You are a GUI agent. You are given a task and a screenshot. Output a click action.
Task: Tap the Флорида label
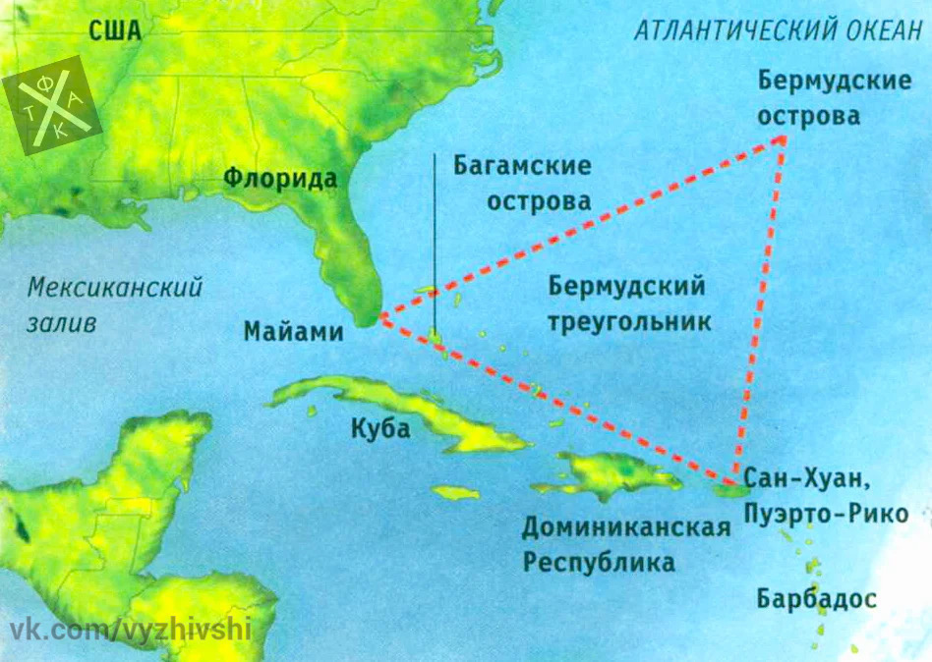279,179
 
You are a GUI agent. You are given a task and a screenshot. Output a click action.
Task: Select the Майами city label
294,332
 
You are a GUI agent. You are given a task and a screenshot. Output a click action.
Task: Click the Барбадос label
816,598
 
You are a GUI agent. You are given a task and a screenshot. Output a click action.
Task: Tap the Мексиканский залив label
114,304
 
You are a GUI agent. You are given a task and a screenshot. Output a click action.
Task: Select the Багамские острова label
522,184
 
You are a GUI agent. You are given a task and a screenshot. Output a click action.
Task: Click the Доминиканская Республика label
625,545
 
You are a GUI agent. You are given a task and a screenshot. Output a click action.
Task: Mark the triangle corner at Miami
379,319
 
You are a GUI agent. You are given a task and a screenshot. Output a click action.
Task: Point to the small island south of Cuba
454,491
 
